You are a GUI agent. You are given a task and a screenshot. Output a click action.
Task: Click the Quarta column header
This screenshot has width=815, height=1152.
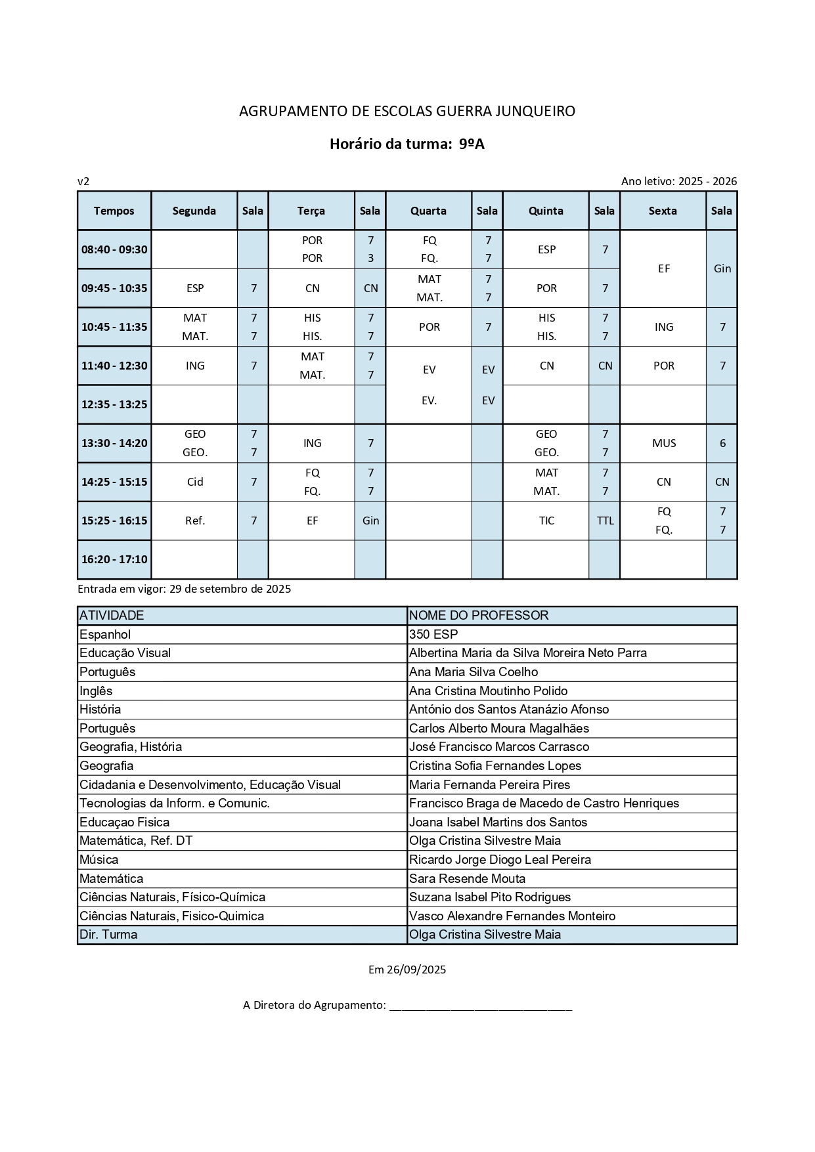pyautogui.click(x=428, y=211)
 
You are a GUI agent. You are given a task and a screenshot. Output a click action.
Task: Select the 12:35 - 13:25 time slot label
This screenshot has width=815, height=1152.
pyautogui.click(x=114, y=404)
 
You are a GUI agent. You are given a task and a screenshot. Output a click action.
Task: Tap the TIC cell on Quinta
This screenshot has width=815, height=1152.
pyautogui.click(x=546, y=521)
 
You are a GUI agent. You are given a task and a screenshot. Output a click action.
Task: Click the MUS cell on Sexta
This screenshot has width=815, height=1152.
pyautogui.click(x=663, y=443)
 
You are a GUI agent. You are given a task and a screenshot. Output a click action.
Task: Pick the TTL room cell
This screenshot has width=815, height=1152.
pyautogui.click(x=605, y=521)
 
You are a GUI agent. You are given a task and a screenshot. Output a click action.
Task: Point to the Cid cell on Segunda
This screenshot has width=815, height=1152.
pyautogui.click(x=195, y=482)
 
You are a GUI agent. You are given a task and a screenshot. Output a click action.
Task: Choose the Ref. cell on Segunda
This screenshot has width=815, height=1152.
pyautogui.click(x=195, y=521)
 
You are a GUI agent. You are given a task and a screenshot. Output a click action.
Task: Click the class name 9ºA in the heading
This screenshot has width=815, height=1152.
pyautogui.click(x=472, y=144)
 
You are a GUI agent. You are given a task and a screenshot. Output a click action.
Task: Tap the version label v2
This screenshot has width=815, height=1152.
pyautogui.click(x=83, y=181)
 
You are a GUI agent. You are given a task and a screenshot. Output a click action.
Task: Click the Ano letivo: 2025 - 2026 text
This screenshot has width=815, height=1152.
pyautogui.click(x=679, y=181)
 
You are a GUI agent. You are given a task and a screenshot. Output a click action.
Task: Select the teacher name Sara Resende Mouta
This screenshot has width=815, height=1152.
pyautogui.click(x=467, y=878)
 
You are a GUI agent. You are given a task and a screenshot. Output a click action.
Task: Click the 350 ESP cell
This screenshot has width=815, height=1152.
pyautogui.click(x=433, y=634)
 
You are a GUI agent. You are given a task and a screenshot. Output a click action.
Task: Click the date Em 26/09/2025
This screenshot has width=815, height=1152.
pyautogui.click(x=407, y=970)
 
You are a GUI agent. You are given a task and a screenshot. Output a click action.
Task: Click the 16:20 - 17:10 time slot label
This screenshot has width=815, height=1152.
pyautogui.click(x=114, y=559)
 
